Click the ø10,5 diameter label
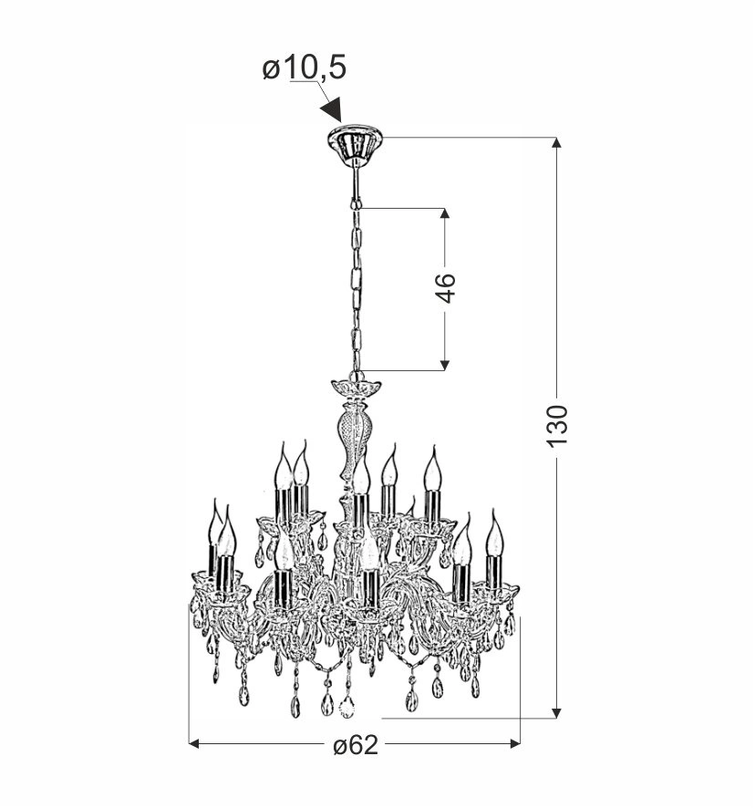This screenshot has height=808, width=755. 304,68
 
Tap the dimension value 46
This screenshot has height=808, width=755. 445,288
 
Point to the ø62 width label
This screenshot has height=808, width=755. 356,745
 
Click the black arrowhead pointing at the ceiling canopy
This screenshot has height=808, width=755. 332,109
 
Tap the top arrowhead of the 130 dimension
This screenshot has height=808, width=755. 556,143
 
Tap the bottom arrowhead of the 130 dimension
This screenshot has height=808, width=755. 556,712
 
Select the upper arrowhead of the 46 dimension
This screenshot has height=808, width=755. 445,213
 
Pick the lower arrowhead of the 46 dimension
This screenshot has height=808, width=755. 445,365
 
